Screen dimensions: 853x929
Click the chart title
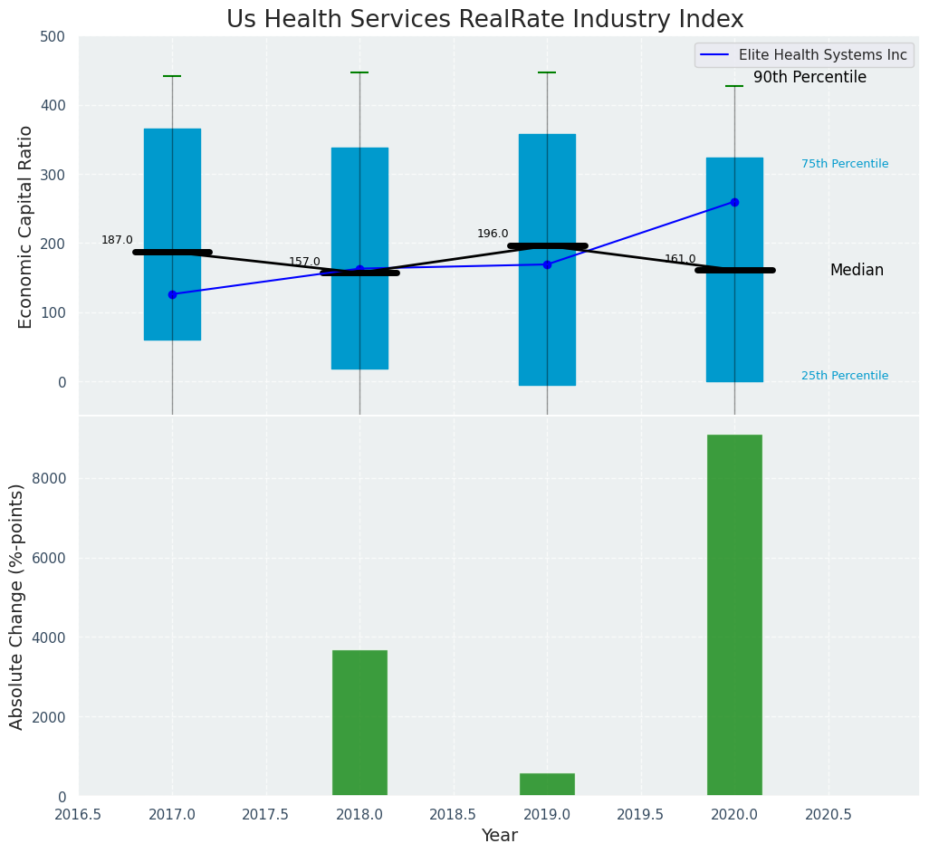484,20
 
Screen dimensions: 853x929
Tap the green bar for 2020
734,615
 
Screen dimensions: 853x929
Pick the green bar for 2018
359,723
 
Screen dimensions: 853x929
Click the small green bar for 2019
547,784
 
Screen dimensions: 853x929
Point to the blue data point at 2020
734,202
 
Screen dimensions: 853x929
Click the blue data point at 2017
172,294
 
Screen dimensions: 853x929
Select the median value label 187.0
117,240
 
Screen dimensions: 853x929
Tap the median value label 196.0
493,234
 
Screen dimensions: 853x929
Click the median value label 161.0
680,259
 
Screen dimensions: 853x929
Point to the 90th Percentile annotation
809,78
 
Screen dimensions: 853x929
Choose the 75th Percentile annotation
845,164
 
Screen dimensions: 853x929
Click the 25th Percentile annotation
845,376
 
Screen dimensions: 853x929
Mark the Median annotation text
857,271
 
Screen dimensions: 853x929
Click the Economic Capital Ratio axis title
25,226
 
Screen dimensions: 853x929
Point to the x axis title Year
499,836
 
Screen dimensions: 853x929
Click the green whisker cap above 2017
172,76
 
